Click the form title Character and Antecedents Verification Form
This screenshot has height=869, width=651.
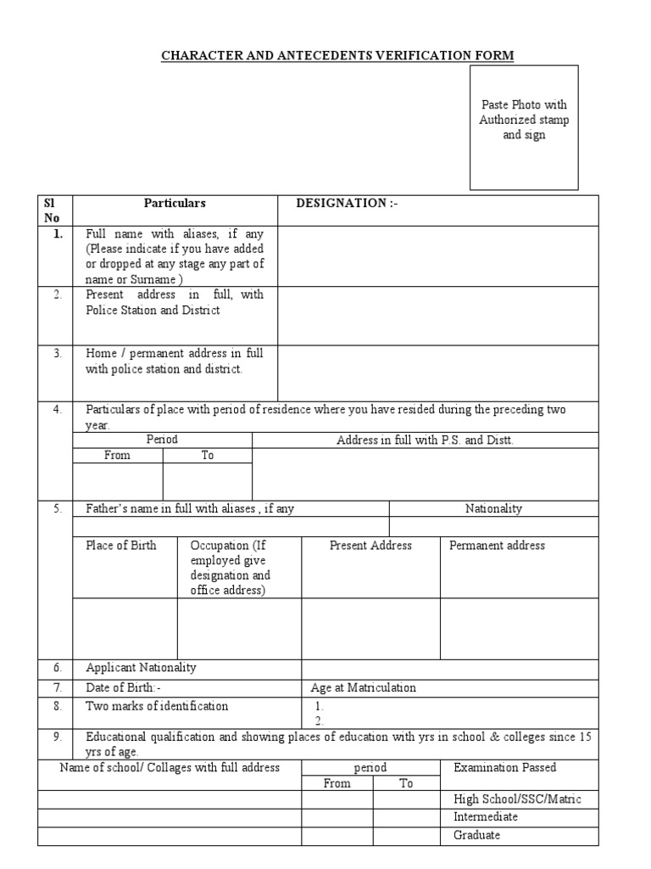click(337, 56)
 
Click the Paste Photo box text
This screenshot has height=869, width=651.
click(524, 120)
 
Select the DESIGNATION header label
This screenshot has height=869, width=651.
click(346, 204)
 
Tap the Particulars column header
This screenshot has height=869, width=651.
click(175, 204)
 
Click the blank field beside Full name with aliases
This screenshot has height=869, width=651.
click(437, 256)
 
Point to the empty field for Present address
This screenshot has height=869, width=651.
click(437, 315)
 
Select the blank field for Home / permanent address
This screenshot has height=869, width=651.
click(437, 372)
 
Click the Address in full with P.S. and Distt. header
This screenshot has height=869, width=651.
click(426, 440)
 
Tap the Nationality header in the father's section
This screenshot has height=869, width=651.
click(493, 509)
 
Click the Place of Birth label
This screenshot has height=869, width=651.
click(121, 546)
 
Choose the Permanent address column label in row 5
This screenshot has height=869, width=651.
click(497, 546)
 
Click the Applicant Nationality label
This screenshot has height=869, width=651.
click(141, 668)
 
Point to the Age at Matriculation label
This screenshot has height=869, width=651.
click(364, 688)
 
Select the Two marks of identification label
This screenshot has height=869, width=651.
click(157, 706)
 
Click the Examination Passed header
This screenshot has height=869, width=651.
click(505, 768)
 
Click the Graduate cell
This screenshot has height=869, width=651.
click(477, 835)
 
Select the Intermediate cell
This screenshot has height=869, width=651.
click(487, 817)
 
